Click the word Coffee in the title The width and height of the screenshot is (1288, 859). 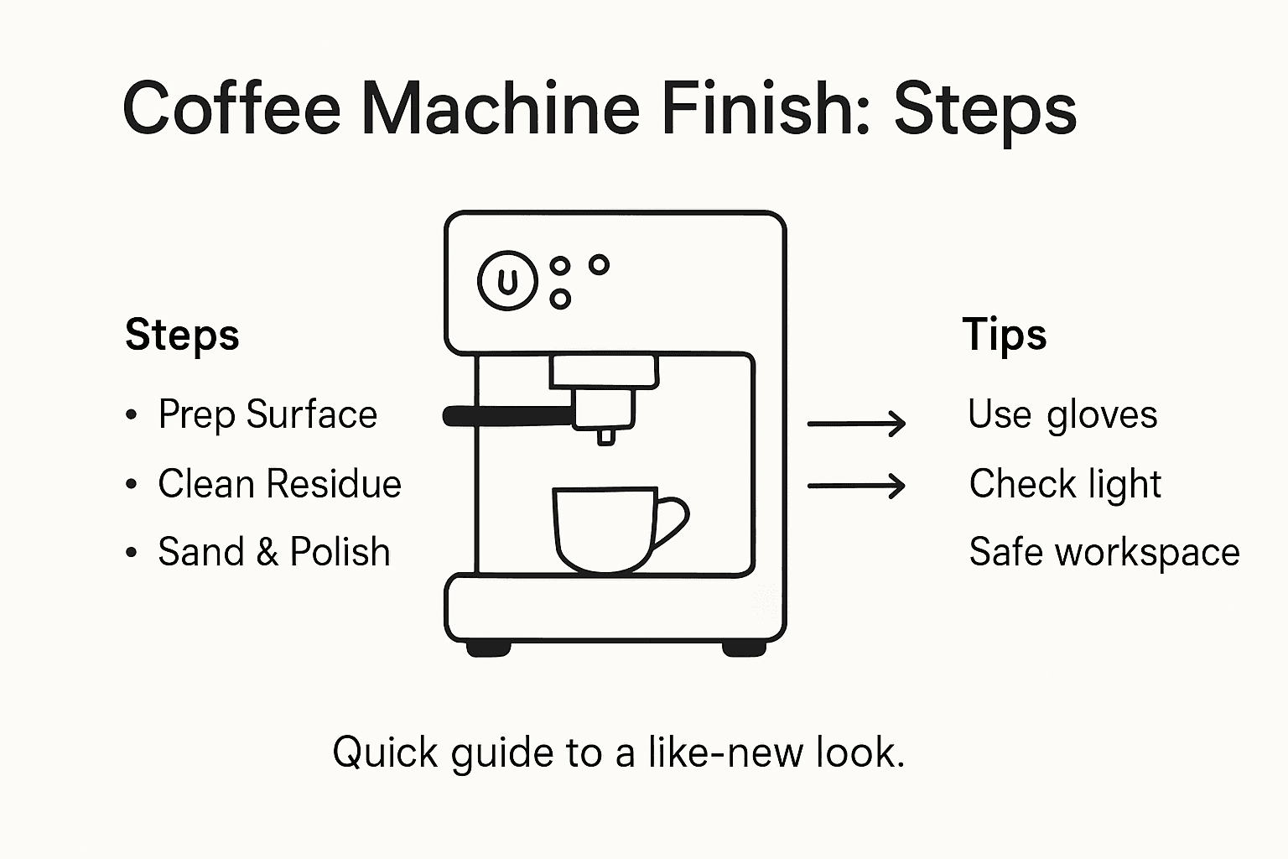(x=231, y=109)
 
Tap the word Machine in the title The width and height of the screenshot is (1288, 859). (x=501, y=109)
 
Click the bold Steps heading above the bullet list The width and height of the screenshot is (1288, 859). (x=182, y=336)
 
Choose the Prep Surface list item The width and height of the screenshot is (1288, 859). (x=267, y=414)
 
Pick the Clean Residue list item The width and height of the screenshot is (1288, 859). (x=279, y=484)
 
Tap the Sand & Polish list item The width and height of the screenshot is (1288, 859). (x=274, y=552)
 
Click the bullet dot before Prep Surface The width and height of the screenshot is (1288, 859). (x=131, y=415)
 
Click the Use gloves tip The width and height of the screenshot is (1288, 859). (x=1062, y=414)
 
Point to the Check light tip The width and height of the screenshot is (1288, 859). (x=1065, y=484)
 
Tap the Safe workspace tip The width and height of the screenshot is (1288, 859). (x=1104, y=552)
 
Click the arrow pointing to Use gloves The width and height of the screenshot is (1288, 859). (x=856, y=424)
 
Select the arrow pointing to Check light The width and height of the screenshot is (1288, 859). (x=856, y=485)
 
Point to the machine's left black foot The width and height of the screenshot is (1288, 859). (x=488, y=648)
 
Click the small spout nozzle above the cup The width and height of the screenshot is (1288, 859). (x=605, y=435)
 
